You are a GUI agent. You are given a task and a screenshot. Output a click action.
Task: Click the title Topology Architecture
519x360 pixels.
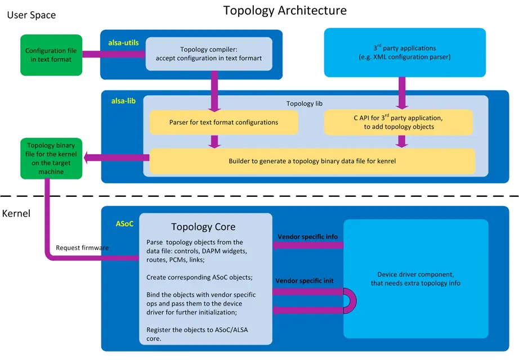click(x=285, y=10)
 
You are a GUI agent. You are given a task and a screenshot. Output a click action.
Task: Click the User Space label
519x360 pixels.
click(x=31, y=15)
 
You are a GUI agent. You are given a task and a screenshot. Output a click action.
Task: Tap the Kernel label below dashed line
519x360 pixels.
click(x=16, y=214)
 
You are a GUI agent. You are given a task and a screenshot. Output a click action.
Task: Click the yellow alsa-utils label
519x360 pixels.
click(x=124, y=42)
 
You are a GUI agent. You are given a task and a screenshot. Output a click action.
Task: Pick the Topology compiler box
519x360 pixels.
click(x=209, y=53)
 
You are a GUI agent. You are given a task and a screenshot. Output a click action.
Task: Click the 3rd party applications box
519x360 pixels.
click(x=405, y=52)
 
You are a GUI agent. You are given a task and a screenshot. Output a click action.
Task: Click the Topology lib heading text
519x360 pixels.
click(x=304, y=103)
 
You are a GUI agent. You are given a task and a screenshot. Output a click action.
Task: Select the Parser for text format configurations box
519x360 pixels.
click(x=223, y=122)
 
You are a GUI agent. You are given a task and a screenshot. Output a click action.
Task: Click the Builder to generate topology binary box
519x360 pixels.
click(x=312, y=161)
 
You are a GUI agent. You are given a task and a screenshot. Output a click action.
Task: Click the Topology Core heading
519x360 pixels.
click(x=203, y=227)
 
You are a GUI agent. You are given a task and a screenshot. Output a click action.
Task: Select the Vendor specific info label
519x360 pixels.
click(x=307, y=236)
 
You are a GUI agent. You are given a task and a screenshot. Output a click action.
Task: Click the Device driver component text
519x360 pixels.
click(x=415, y=279)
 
